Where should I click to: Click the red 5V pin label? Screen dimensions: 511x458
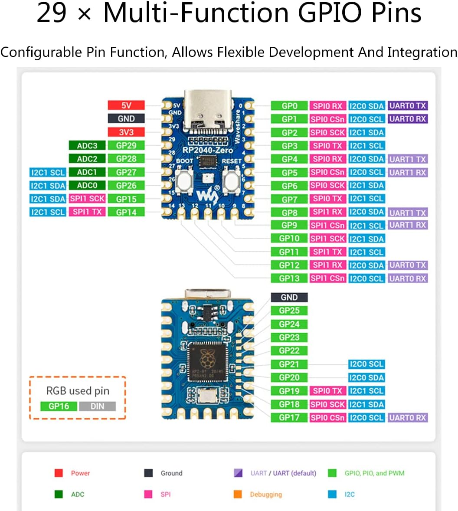[x=126, y=105]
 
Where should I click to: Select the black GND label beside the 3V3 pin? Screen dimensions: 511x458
[x=126, y=118]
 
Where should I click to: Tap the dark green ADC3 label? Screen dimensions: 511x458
[x=87, y=146]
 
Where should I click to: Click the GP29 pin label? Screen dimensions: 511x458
[x=126, y=146]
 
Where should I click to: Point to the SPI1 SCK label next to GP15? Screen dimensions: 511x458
[x=87, y=199]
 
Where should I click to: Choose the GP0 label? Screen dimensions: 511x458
[x=289, y=106]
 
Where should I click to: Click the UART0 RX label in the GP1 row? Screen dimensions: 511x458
[x=408, y=119]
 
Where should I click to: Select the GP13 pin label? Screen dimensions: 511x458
[x=289, y=278]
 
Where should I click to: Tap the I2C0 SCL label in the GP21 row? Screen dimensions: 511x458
[x=366, y=364]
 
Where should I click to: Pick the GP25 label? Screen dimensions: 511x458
[x=289, y=311]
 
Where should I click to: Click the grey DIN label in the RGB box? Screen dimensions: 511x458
[x=98, y=406]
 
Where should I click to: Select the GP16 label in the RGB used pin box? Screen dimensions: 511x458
[x=59, y=406]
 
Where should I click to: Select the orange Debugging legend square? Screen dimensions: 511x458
[x=237, y=494]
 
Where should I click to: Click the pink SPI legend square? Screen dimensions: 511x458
[x=148, y=494]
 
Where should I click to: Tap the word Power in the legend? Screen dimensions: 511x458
[x=80, y=473]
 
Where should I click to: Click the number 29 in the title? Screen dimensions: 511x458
[x=52, y=13]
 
